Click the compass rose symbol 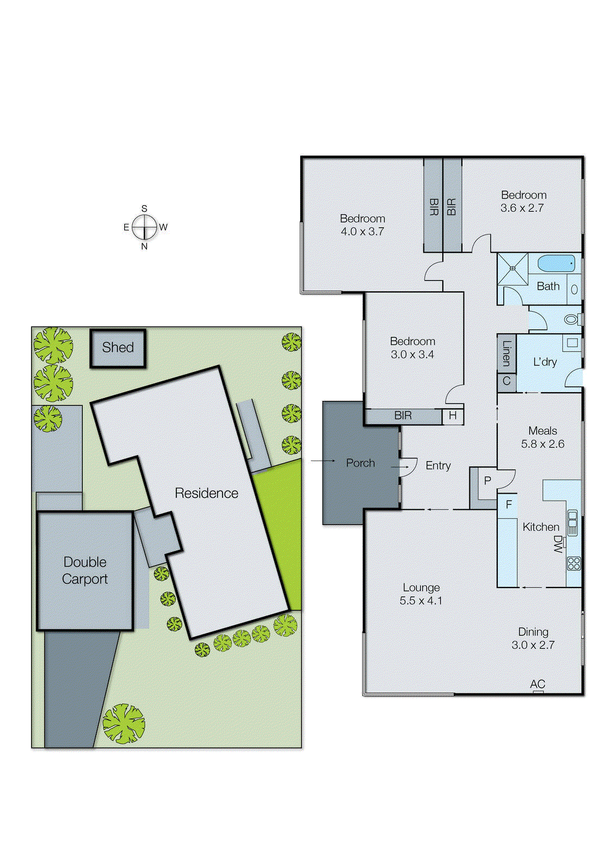pos(144,227)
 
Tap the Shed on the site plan pos(118,348)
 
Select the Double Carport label pos(85,570)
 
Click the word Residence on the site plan pos(206,493)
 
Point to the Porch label pos(360,463)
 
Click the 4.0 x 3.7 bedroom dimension pos(362,232)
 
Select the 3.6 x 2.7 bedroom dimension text pos(522,208)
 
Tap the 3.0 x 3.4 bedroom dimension pos(412,355)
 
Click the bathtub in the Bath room pos(556,264)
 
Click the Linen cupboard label pos(506,353)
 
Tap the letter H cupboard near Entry pos(453,416)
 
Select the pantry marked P pos(487,481)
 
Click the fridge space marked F pos(509,505)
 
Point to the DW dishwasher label pos(557,544)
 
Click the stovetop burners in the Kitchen pos(574,563)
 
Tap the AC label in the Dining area pos(537,684)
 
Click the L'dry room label pos(545,362)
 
